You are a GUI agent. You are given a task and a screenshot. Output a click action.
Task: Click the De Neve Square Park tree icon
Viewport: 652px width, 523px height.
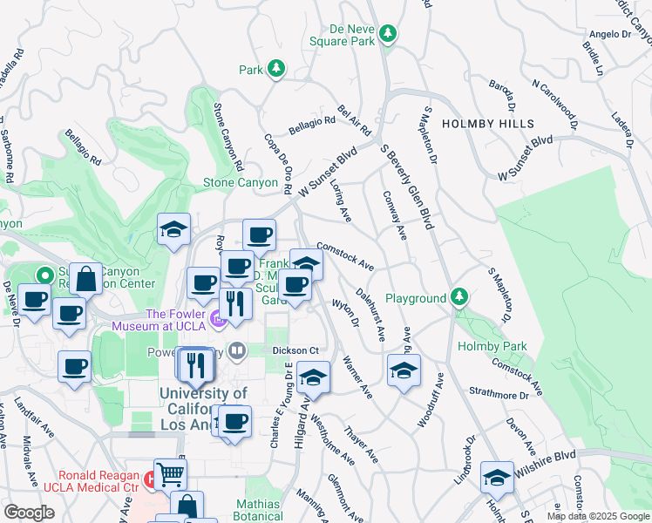click(x=388, y=35)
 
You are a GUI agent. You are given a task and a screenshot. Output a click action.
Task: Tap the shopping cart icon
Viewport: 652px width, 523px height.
click(x=170, y=474)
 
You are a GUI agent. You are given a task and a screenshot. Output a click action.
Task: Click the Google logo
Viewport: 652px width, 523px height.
click(x=29, y=513)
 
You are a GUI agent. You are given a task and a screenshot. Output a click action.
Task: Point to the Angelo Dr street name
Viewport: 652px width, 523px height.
click(x=609, y=35)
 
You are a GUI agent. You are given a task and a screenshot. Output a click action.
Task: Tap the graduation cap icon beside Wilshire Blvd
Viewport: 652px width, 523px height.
click(x=497, y=477)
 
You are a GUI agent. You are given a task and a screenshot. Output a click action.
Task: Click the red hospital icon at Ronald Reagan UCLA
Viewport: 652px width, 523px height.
click(x=150, y=479)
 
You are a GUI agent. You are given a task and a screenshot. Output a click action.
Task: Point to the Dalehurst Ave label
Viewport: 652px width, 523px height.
click(x=370, y=314)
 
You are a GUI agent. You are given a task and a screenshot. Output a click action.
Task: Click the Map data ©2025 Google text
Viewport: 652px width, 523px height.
click(x=598, y=516)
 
